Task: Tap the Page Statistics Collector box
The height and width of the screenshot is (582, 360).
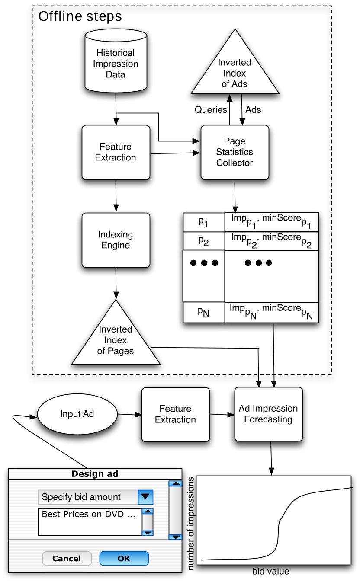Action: click(x=235, y=152)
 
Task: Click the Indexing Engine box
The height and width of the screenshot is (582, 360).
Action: click(x=116, y=240)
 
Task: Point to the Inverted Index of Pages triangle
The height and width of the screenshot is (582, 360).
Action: click(x=116, y=339)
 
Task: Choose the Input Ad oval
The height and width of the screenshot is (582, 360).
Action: click(x=77, y=414)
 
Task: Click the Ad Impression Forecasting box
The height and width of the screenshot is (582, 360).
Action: click(x=268, y=414)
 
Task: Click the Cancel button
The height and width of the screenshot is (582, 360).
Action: click(x=67, y=558)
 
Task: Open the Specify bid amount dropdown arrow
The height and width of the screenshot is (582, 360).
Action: click(x=146, y=497)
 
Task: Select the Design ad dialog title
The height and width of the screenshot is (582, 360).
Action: click(x=95, y=474)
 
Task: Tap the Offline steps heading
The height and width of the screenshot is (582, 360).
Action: click(x=80, y=17)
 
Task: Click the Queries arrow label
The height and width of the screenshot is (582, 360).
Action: click(x=211, y=110)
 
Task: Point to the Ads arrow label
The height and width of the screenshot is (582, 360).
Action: click(x=253, y=110)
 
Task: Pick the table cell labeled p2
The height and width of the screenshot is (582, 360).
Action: click(x=203, y=241)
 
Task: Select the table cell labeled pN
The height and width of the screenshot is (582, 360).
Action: click(x=203, y=312)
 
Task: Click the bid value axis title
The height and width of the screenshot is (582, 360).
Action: click(x=270, y=572)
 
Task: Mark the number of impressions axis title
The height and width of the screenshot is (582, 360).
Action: click(x=191, y=523)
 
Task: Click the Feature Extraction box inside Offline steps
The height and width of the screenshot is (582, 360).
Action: click(x=116, y=152)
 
